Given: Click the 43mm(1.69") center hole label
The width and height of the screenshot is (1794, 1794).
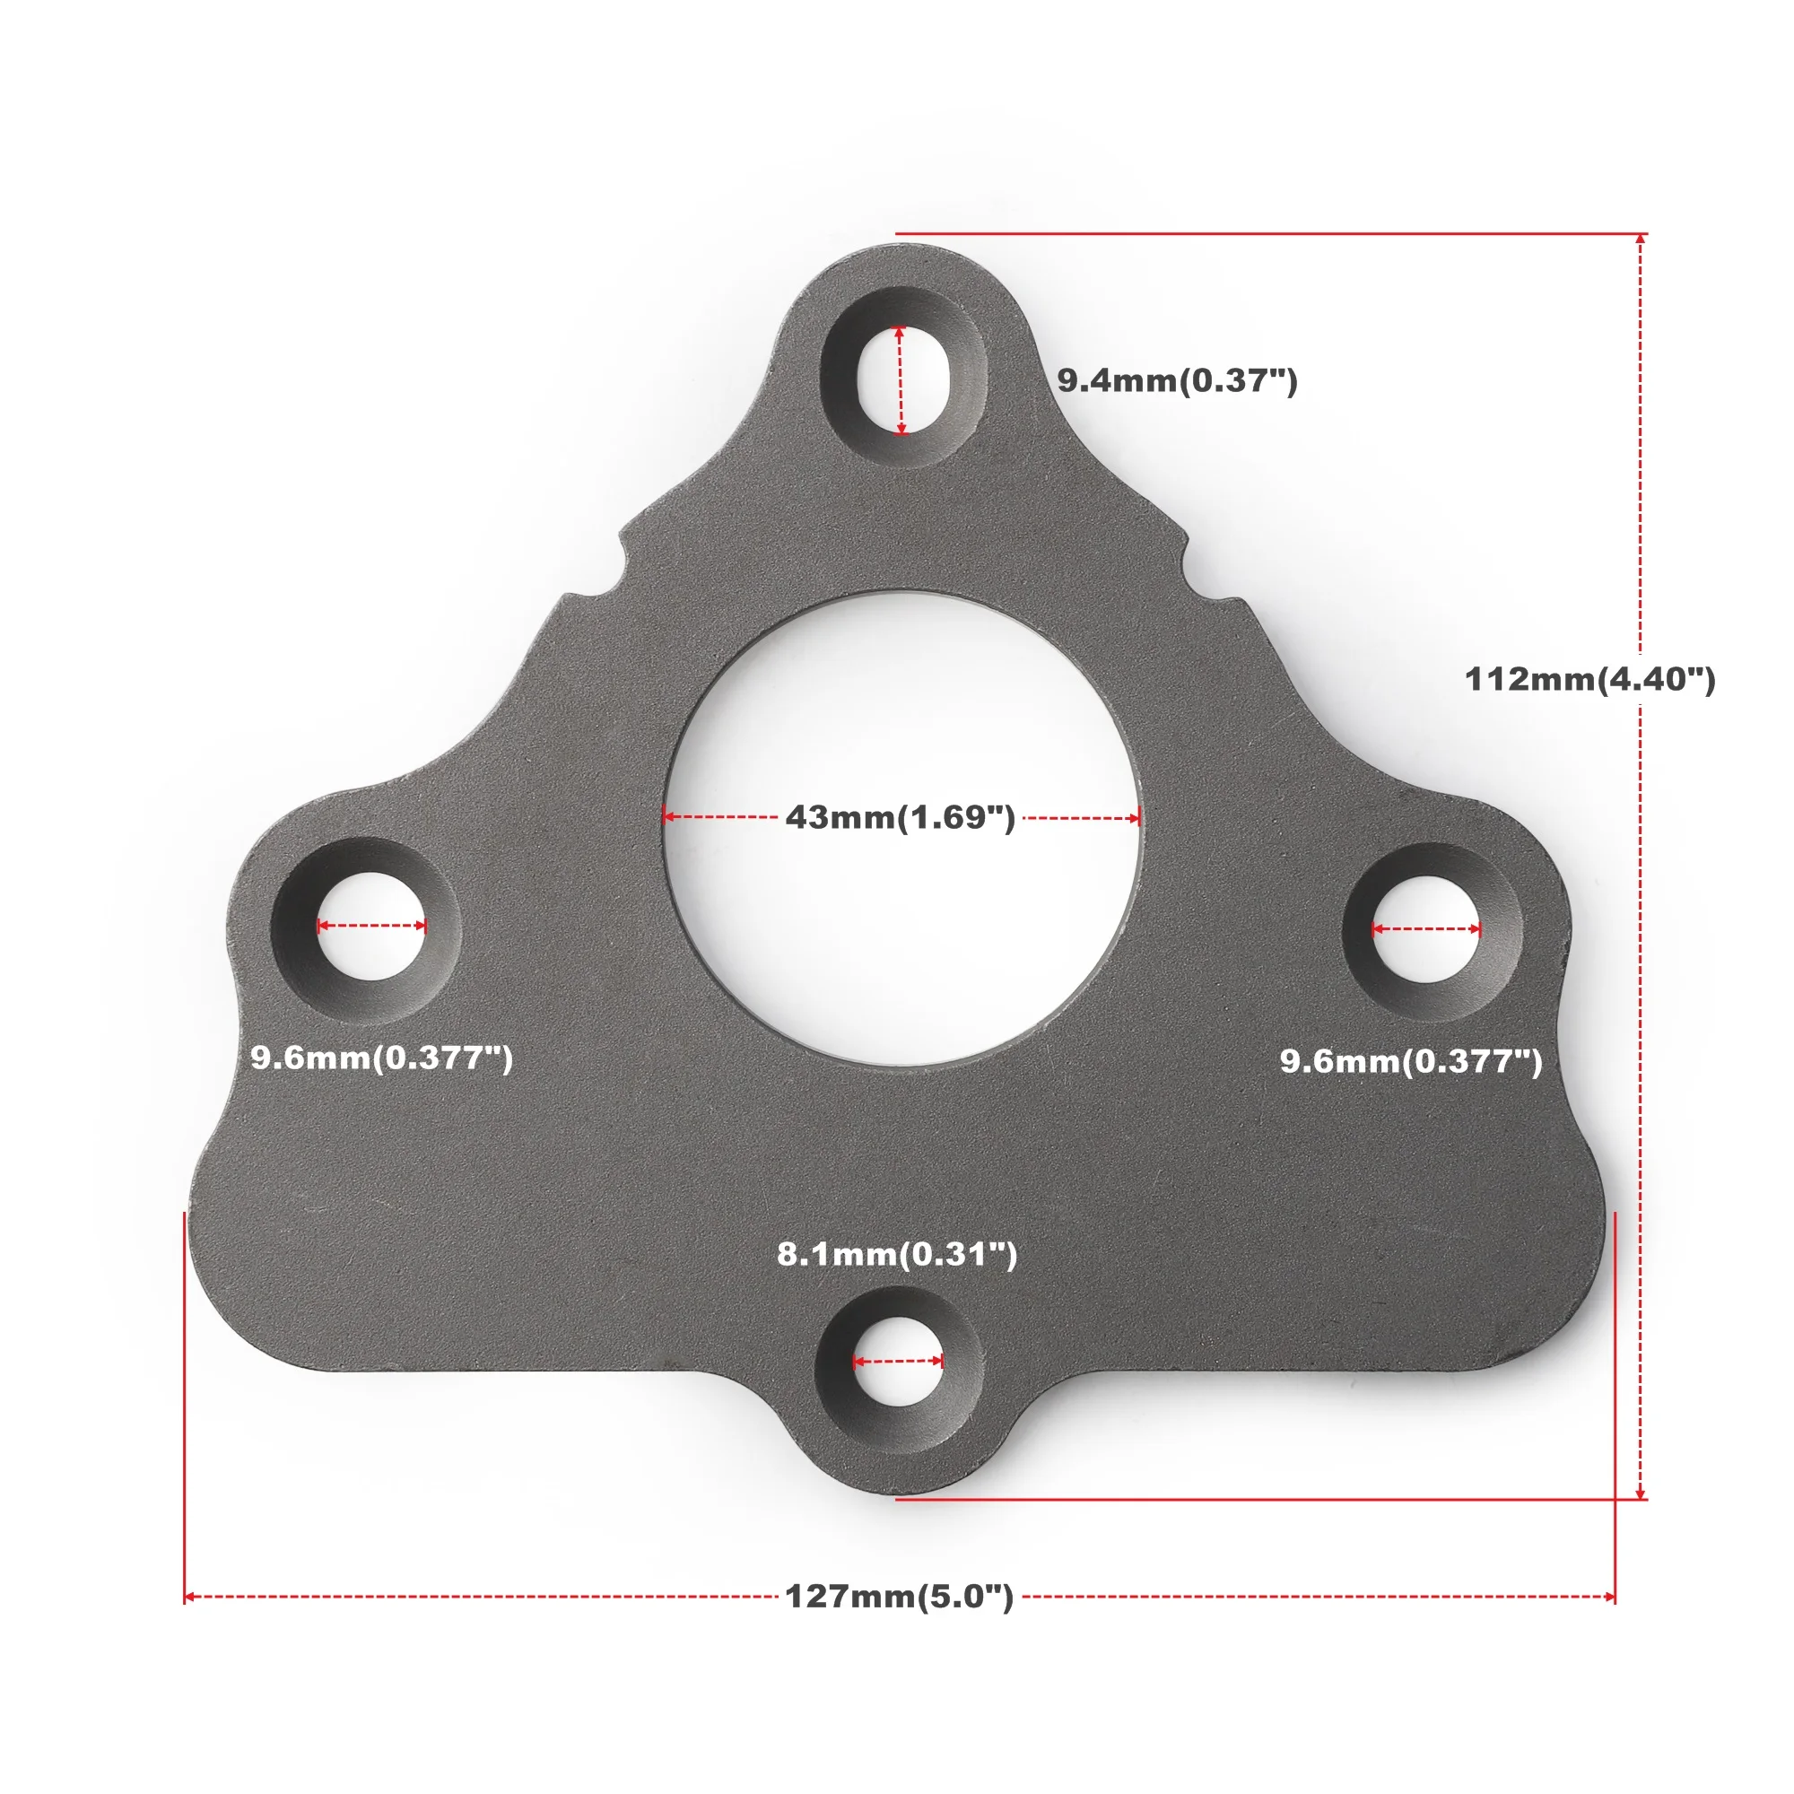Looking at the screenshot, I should (x=900, y=817).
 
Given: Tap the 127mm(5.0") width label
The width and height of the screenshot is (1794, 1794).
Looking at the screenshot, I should (x=899, y=1597).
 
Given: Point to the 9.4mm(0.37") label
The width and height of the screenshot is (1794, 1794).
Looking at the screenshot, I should (x=1177, y=379).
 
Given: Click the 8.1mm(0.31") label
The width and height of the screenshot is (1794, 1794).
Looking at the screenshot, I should (x=897, y=1254).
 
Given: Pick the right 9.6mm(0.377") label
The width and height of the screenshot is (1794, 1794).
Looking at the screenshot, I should (x=1410, y=1060).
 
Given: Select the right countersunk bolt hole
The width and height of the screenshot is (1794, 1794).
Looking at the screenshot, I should (x=1426, y=929).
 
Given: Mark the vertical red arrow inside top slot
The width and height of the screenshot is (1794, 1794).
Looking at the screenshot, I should (x=900, y=379).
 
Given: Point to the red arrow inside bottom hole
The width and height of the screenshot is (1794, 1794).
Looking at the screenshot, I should (x=898, y=1362).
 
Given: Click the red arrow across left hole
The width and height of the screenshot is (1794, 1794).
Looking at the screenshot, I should (x=371, y=925).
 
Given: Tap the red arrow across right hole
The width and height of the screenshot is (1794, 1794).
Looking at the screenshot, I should (x=1426, y=928).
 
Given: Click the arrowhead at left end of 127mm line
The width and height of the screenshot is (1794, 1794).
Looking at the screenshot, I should (x=188, y=1598).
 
